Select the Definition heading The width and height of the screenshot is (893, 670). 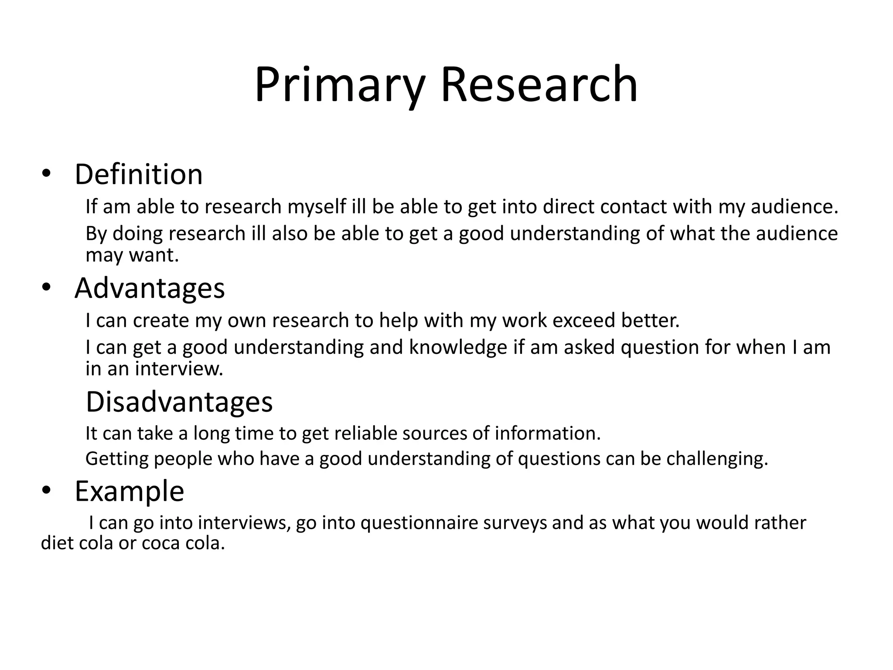click(x=139, y=174)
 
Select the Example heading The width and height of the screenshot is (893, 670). click(x=130, y=491)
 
